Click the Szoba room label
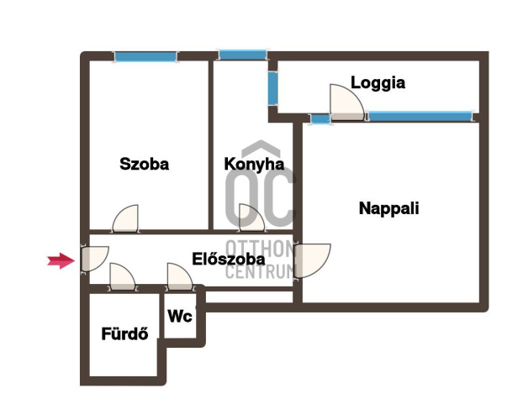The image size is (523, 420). pyautogui.click(x=144, y=164)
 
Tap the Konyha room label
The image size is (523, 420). pyautogui.click(x=254, y=165)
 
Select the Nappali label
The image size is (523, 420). pyautogui.click(x=389, y=208)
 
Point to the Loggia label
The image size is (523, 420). pyautogui.click(x=378, y=83)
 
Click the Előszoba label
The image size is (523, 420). pyautogui.click(x=229, y=259)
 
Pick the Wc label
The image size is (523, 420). pyautogui.click(x=180, y=316)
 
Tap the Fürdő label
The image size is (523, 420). pyautogui.click(x=124, y=333)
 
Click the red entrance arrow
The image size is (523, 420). pyautogui.click(x=61, y=260)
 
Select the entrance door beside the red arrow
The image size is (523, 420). pyautogui.click(x=95, y=260)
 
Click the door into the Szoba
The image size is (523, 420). pyautogui.click(x=125, y=218)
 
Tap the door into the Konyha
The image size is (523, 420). pyautogui.click(x=252, y=218)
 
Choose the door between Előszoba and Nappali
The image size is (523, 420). pyautogui.click(x=312, y=261)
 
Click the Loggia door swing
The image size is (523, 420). pyautogui.click(x=347, y=102)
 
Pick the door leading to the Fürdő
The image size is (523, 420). pyautogui.click(x=123, y=276)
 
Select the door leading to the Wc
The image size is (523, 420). pyautogui.click(x=180, y=276)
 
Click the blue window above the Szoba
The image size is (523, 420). pyautogui.click(x=145, y=56)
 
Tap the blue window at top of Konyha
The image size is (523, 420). pyautogui.click(x=243, y=55)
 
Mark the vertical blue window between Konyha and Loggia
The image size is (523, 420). pyautogui.click(x=272, y=88)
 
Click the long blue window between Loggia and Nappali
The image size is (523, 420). pyautogui.click(x=420, y=116)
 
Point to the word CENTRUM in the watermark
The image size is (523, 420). pyautogui.click(x=260, y=272)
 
